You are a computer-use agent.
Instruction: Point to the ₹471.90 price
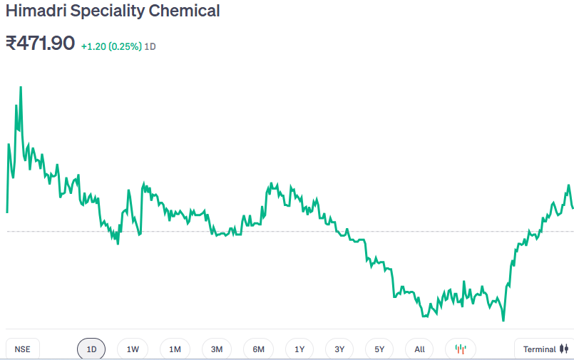(40, 43)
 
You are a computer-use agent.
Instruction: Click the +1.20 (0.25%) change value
(111, 46)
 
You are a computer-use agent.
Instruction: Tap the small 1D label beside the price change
(150, 46)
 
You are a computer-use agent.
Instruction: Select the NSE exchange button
(23, 349)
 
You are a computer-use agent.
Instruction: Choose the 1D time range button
(91, 349)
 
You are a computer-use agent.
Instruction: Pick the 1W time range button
(133, 349)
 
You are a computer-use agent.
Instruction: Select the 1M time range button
(175, 349)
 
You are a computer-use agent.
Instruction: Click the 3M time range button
(217, 349)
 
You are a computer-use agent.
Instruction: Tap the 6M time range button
(258, 349)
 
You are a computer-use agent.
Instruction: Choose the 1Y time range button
(299, 349)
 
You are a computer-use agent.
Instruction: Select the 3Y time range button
(339, 349)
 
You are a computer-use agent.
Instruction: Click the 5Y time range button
(379, 349)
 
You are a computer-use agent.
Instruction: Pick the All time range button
(419, 349)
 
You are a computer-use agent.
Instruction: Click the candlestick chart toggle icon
(461, 349)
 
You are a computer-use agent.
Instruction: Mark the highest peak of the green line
(21, 88)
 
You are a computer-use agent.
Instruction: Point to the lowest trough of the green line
(503, 320)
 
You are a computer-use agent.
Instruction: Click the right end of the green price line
(573, 208)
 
